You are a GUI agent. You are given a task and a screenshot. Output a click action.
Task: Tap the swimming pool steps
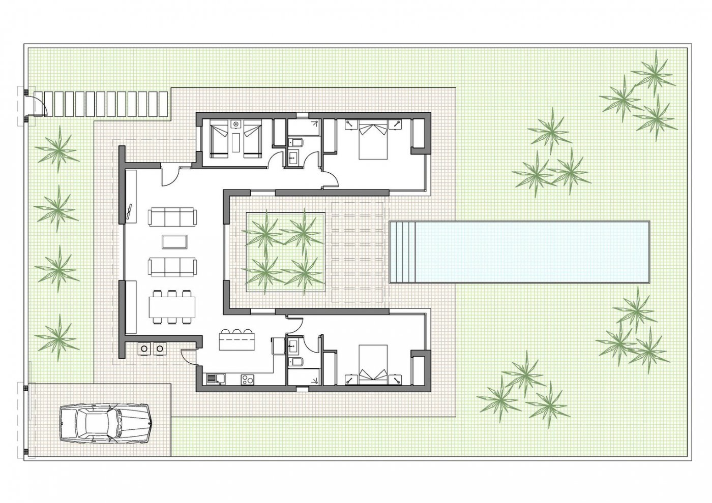coord(402,252)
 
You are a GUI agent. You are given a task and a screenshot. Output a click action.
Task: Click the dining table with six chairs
coord(172,306)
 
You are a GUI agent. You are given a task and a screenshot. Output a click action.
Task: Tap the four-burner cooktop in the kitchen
coord(248,379)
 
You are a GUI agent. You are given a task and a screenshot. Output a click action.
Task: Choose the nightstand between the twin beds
coord(236,123)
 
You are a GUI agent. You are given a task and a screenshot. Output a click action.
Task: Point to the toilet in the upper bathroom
coord(295,142)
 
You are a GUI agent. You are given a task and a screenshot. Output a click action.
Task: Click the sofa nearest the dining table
coord(172,266)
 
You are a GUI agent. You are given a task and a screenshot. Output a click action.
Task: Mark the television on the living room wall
coord(130,212)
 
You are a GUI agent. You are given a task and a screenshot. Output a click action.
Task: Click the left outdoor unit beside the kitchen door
coord(144,349)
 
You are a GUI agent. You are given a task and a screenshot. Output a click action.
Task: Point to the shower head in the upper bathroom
coord(316,122)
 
